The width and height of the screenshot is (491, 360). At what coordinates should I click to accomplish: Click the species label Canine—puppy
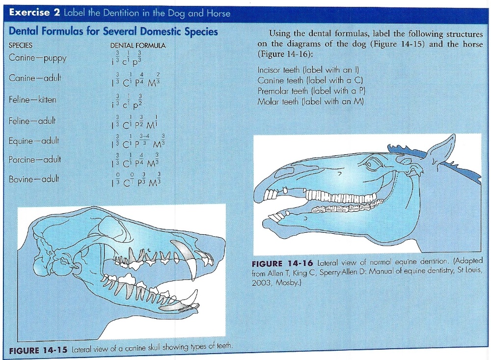point(37,57)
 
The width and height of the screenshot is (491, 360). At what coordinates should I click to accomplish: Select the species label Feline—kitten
point(32,100)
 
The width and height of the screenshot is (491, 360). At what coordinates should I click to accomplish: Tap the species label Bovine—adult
point(34,179)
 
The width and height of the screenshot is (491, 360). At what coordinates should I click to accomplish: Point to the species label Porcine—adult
point(35,160)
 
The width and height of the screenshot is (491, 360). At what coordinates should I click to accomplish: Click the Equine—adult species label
point(34,141)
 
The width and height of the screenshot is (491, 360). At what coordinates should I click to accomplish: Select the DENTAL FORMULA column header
point(138,45)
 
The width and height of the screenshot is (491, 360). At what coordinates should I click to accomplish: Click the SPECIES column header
point(21,45)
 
